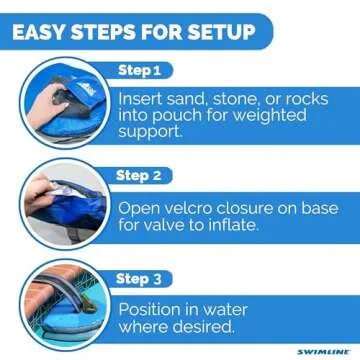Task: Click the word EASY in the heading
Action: (x=46, y=30)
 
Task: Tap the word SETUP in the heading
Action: (x=216, y=30)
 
